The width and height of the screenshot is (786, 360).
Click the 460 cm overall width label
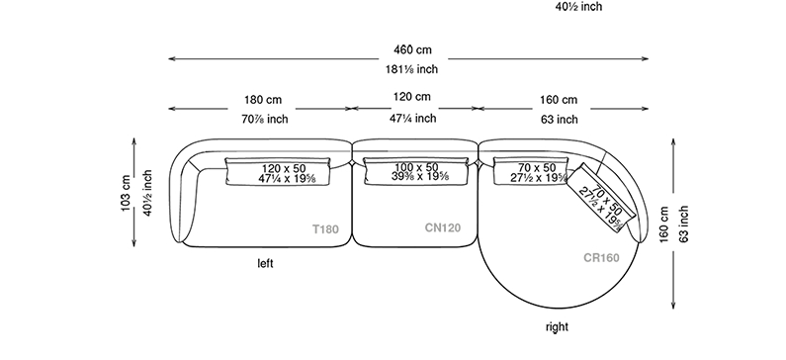click(412, 50)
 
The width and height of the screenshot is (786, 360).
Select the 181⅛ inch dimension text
click(411, 69)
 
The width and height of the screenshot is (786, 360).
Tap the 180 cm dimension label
click(263, 100)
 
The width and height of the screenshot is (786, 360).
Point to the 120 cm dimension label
click(411, 97)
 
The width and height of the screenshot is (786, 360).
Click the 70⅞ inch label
click(264, 120)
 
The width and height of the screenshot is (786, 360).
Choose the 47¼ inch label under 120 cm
click(413, 119)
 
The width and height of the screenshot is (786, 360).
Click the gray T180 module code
click(326, 229)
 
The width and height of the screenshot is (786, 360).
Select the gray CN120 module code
click(443, 228)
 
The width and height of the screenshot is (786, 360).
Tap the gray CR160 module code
click(601, 258)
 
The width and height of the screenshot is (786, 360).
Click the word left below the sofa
click(265, 263)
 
